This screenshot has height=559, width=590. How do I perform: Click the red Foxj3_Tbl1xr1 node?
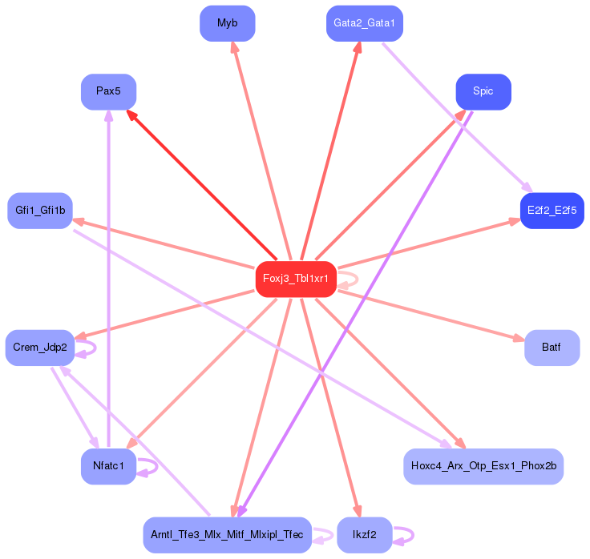coord(295,279)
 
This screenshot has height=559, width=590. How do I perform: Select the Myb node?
coord(227,23)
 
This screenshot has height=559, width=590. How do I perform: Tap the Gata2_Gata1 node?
coord(364,23)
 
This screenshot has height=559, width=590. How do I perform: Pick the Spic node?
coord(483,91)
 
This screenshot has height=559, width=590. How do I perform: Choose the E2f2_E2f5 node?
coord(552,211)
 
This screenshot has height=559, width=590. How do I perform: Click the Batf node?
coord(552,348)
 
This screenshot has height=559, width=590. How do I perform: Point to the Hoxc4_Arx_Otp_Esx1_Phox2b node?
coord(483,466)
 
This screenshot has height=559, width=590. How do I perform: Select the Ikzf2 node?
coord(364,534)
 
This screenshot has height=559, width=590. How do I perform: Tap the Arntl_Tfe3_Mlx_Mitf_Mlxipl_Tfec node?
coord(227,534)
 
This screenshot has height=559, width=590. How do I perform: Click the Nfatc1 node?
coord(108,466)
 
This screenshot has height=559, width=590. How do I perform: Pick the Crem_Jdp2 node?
coord(39,348)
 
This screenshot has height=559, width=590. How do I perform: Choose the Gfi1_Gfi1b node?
coord(39,211)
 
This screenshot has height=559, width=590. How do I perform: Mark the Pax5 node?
coord(108,91)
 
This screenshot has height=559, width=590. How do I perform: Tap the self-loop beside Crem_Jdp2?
coord(90,348)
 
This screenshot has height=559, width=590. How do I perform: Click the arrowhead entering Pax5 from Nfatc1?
coord(108,115)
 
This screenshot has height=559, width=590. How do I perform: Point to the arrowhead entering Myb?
coord(235,47)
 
